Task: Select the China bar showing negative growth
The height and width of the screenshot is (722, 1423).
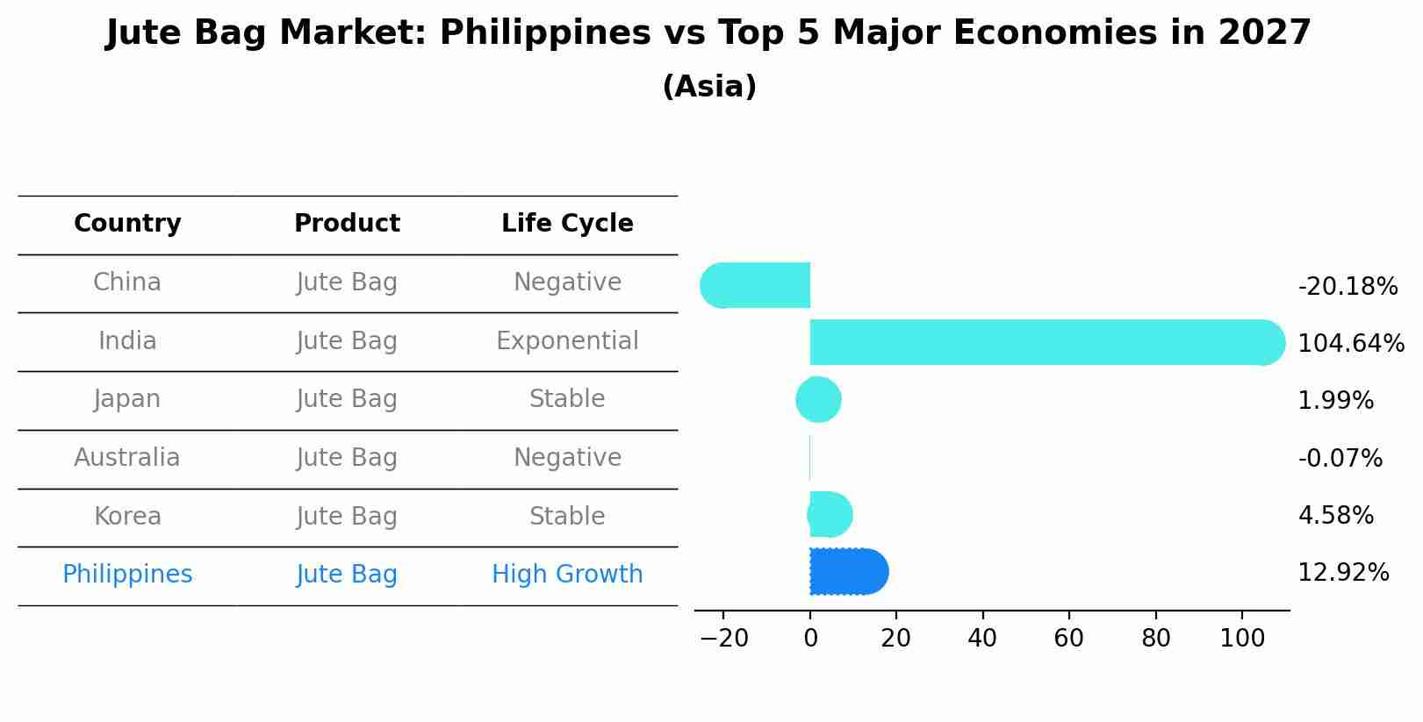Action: click(757, 285)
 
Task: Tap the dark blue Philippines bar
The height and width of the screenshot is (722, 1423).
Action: click(848, 572)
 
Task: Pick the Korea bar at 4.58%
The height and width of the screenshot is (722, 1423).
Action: click(830, 514)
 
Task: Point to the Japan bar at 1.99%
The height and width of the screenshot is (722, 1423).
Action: click(818, 399)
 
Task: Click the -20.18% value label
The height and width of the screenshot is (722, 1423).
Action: click(1347, 287)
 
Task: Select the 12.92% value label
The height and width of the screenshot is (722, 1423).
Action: click(1343, 573)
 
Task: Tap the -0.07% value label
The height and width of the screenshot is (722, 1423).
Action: click(1340, 458)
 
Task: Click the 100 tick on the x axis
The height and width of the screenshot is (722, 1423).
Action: click(1242, 638)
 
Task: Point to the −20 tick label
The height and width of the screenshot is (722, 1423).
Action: click(723, 638)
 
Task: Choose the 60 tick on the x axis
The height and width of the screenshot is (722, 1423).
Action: click(1068, 638)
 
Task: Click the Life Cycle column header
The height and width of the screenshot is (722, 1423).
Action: click(567, 224)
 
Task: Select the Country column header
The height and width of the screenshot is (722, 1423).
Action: click(127, 224)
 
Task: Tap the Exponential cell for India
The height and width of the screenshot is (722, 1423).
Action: click(567, 340)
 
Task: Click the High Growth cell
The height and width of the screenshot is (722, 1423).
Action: click(567, 575)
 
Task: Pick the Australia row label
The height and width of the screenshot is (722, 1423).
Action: click(127, 458)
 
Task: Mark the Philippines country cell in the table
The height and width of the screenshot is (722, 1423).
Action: click(127, 575)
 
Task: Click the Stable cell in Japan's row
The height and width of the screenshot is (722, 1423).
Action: click(567, 399)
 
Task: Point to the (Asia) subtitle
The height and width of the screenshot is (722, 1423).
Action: click(709, 87)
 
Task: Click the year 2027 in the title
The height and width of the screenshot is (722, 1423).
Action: click(1264, 33)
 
